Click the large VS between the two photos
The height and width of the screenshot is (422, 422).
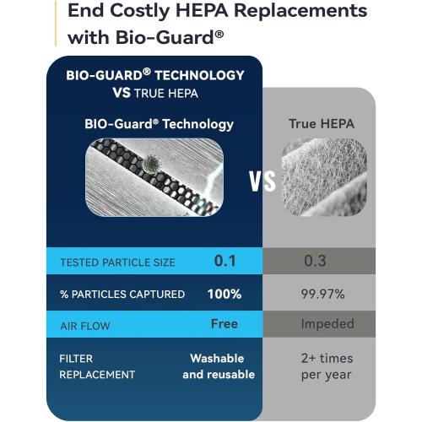pyautogui.click(x=263, y=181)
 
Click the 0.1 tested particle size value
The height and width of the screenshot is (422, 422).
pyautogui.click(x=225, y=261)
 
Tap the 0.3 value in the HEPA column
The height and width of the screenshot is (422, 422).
pyautogui.click(x=315, y=261)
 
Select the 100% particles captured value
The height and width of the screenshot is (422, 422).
pyautogui.click(x=225, y=294)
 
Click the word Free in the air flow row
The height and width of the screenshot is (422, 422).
pyautogui.click(x=225, y=323)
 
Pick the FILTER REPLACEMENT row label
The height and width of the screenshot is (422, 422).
pyautogui.click(x=97, y=365)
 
